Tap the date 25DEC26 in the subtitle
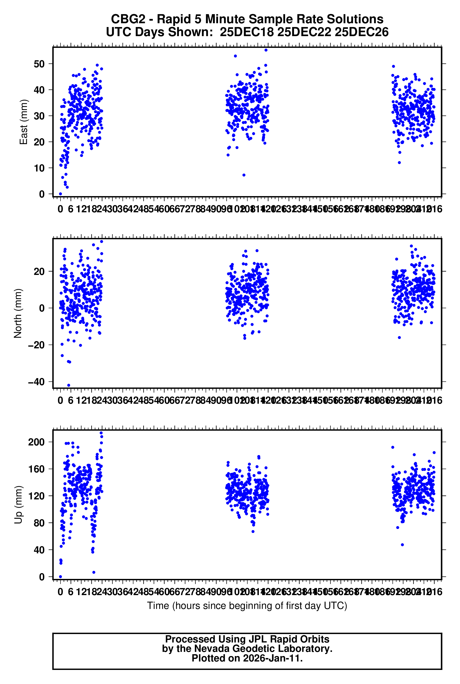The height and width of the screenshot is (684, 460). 362,32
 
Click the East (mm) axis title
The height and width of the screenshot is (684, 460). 23,122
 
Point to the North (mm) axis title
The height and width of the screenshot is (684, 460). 18,313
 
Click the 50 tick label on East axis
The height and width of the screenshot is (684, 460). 39,64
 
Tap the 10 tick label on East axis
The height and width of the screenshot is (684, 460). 39,168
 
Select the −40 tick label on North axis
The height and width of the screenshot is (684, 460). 36,382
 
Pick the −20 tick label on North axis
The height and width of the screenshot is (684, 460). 36,345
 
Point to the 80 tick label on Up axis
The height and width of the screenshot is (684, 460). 39,523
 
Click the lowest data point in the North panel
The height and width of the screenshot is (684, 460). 69,385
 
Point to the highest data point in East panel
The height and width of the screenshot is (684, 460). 266,50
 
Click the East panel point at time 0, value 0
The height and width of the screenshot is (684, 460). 60,194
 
